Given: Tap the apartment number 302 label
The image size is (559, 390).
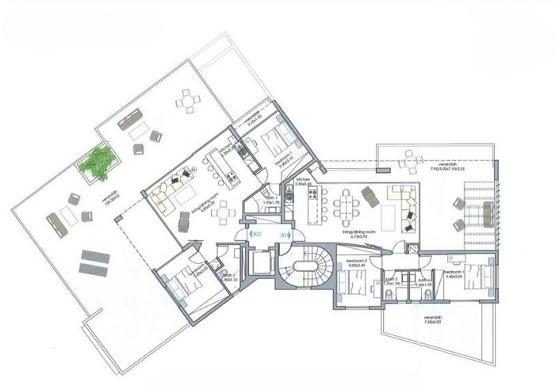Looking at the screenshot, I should (x=256, y=234).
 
